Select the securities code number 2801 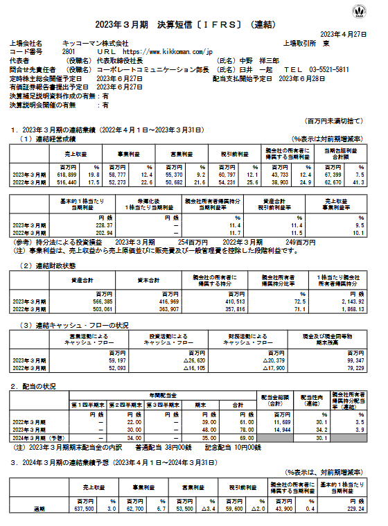[x=68, y=51]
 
